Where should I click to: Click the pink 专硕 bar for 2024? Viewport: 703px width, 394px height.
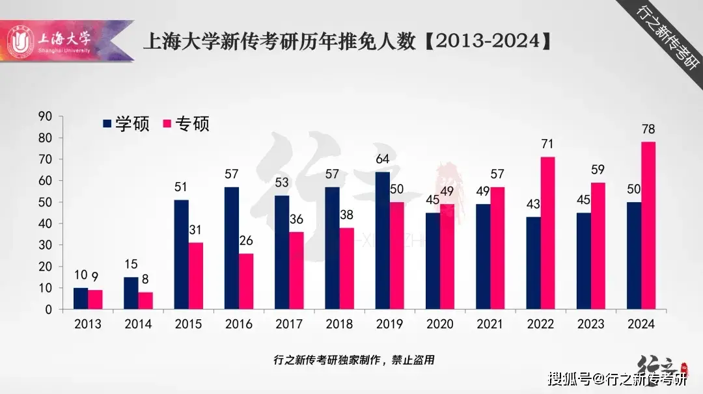pyautogui.click(x=648, y=226)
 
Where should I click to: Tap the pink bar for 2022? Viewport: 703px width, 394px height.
pyautogui.click(x=547, y=233)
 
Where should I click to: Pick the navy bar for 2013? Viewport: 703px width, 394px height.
pyautogui.click(x=81, y=298)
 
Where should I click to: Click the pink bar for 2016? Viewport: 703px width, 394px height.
pyautogui.click(x=245, y=282)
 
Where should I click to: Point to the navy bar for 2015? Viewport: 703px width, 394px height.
pyautogui.click(x=182, y=254)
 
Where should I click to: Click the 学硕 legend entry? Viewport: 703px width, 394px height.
pyautogui.click(x=126, y=124)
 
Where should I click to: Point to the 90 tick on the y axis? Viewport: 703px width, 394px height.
pyautogui.click(x=45, y=116)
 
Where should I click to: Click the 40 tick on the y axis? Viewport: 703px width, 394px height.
pyautogui.click(x=45, y=224)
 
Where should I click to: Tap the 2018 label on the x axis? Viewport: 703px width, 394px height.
pyautogui.click(x=339, y=324)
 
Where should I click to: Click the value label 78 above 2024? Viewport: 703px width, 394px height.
pyautogui.click(x=648, y=129)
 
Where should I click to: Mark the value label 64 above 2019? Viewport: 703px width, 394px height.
pyautogui.click(x=383, y=160)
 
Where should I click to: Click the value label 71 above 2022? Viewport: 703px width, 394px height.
pyautogui.click(x=547, y=144)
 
